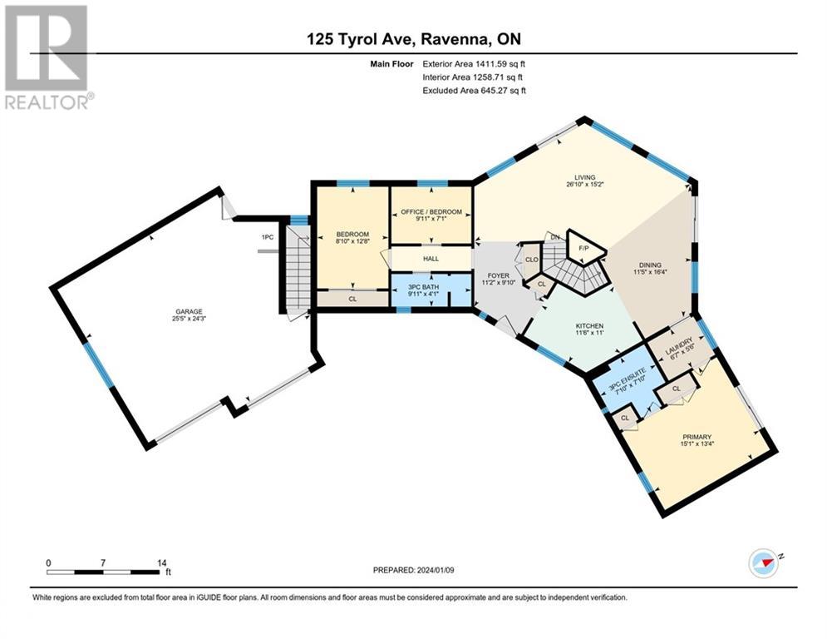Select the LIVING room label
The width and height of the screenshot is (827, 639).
[x=587, y=177]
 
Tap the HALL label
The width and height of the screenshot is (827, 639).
[x=431, y=258]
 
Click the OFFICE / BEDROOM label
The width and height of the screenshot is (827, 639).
[x=431, y=211]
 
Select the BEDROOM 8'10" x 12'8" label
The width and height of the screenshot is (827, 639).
[x=352, y=239]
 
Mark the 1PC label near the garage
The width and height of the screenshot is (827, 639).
[x=267, y=238]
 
